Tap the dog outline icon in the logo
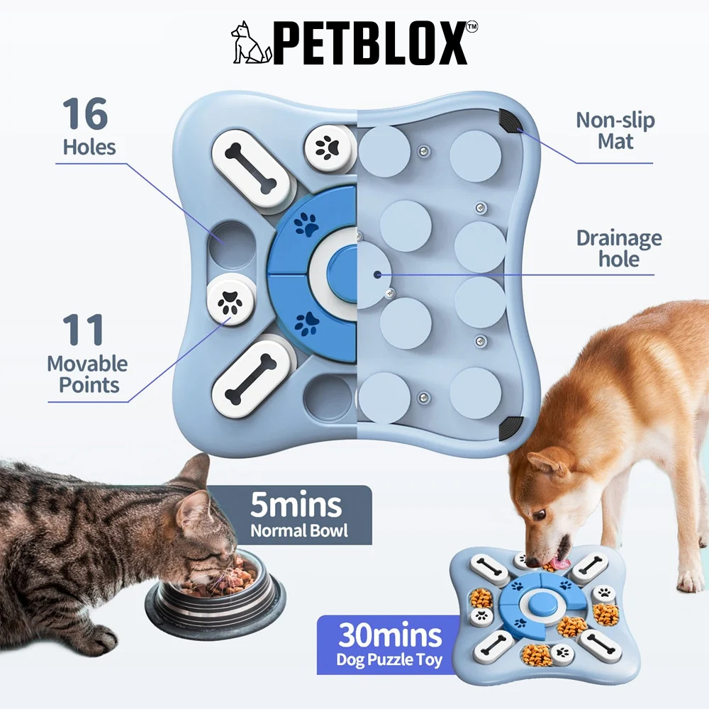tap(251, 43)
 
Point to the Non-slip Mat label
tap(615, 130)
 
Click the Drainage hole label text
tap(618, 248)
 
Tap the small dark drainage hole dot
tap(376, 274)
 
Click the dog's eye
tap(540, 515)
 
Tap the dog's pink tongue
tap(562, 564)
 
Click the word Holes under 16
tap(89, 147)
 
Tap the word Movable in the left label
tap(87, 364)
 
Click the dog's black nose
tap(532, 562)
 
